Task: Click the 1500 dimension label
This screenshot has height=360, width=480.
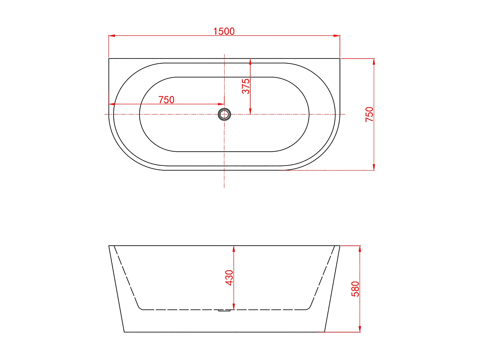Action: tap(224, 31)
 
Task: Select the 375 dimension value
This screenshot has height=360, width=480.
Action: tap(245, 86)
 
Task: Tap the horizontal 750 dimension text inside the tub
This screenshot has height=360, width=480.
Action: tap(166, 100)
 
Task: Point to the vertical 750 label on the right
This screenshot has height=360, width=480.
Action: tap(369, 114)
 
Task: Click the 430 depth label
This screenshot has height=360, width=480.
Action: tap(229, 277)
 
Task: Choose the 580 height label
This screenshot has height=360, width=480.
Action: tap(355, 289)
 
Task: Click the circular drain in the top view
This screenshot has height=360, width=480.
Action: tap(224, 114)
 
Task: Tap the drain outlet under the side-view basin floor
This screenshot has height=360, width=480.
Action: tap(224, 310)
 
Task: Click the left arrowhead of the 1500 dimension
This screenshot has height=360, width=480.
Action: tap(112, 36)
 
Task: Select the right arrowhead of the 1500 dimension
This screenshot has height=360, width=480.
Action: tap(337, 36)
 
